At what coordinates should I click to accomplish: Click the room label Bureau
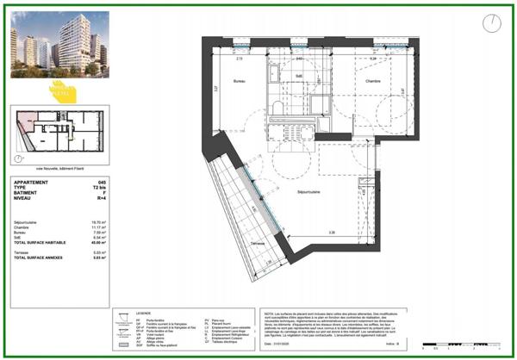click(240, 82)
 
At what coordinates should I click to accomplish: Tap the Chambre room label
click(372, 82)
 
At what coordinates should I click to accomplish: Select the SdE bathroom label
click(297, 77)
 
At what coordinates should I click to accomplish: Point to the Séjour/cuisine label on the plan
click(311, 192)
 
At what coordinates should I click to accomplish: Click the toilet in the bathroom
click(274, 108)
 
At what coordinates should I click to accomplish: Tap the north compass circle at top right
click(490, 23)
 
